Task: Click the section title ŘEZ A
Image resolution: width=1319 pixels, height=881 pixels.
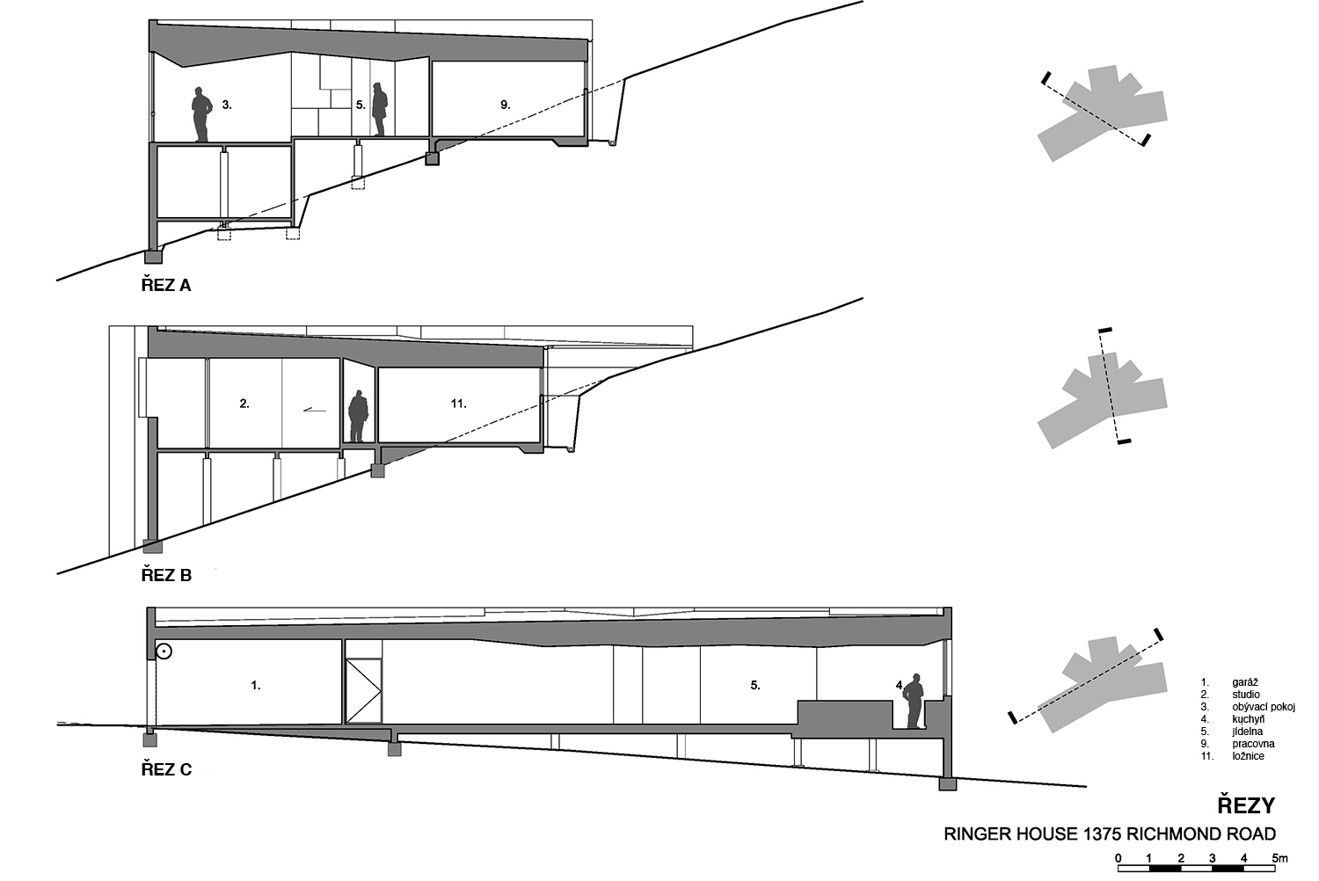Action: [x=166, y=285]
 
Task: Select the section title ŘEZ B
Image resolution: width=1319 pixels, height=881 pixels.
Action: [x=167, y=575]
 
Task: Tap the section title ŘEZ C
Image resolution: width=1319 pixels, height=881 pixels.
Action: [x=167, y=769]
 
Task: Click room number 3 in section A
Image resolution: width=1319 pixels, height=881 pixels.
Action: [x=227, y=106]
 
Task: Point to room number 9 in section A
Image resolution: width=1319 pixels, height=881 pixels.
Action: [x=506, y=105]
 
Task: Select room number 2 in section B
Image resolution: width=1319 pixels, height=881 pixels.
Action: [x=244, y=404]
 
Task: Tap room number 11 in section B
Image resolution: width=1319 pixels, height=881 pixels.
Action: [x=459, y=404]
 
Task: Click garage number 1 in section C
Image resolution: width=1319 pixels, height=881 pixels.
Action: [x=256, y=685]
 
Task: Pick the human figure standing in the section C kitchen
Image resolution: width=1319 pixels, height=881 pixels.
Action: [x=914, y=701]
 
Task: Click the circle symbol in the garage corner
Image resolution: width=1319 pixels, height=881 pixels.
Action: [x=164, y=652]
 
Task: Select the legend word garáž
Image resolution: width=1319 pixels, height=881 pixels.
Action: [x=1245, y=682]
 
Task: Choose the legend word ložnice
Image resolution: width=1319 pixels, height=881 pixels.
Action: [x=1248, y=755]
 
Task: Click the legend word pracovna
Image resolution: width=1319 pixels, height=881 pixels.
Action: [x=1253, y=743]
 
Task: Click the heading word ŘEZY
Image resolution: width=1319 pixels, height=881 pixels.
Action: [x=1246, y=805]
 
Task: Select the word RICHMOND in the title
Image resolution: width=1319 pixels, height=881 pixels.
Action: [x=1165, y=834]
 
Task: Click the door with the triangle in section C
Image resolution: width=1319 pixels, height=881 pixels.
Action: [x=363, y=691]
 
